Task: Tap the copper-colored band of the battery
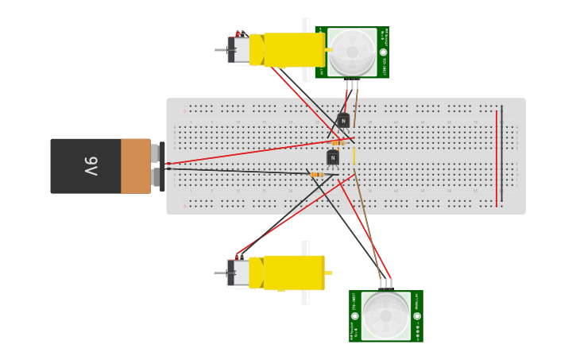pos(135,166)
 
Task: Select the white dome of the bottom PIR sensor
pos(386,315)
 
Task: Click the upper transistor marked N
pos(343,121)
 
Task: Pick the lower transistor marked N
pos(333,157)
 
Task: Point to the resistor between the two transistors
pos(338,143)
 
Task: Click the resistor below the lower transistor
pos(317,175)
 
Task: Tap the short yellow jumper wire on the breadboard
pos(354,156)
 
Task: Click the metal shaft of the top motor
pos(220,50)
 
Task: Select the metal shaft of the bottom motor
pos(220,273)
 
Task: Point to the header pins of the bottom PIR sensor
pos(385,283)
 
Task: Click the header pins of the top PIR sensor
pos(352,84)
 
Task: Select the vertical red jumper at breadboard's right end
pos(497,158)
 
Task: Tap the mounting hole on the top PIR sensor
pos(383,52)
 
